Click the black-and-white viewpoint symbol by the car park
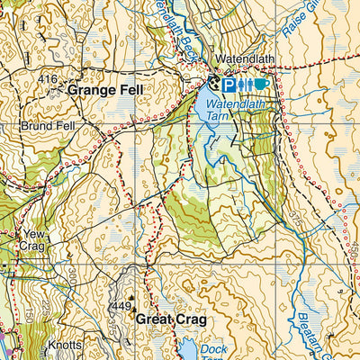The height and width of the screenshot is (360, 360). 214,83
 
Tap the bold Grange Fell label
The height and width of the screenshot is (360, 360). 102,91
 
